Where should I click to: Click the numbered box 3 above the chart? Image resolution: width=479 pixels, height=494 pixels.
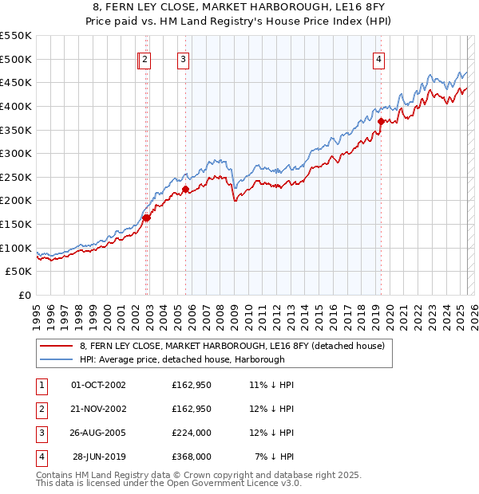pos(183,58)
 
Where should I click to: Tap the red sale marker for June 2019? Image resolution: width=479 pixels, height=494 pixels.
pos(382,121)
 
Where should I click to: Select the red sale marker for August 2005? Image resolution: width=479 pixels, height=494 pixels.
pos(185,190)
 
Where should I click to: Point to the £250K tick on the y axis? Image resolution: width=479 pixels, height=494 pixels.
pos(17,177)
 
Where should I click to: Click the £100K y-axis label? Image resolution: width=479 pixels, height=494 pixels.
pos(17,248)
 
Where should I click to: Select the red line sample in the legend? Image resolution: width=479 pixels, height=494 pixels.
pos(56,346)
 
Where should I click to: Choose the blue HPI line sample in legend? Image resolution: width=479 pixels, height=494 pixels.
pos(56,359)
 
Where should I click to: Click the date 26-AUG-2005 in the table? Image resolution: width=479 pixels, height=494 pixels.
pos(99,433)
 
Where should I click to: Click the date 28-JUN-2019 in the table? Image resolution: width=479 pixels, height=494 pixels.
pos(100,457)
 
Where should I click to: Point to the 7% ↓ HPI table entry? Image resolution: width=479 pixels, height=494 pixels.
pos(275,457)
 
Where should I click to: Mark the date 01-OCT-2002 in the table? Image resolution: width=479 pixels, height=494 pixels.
pos(99,385)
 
